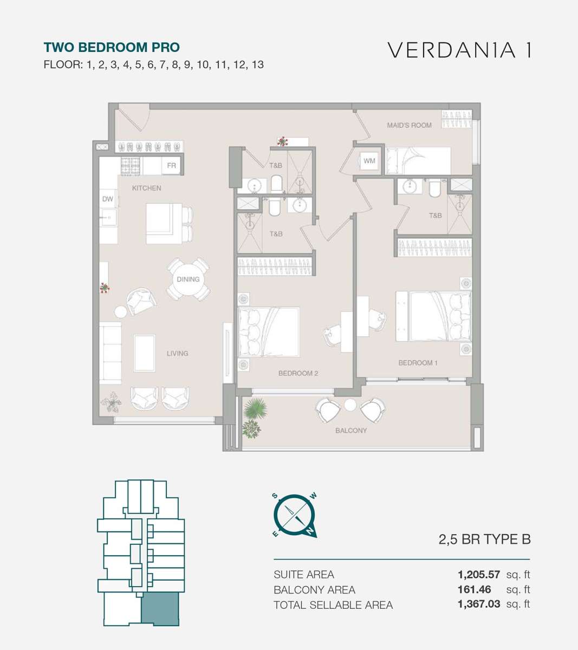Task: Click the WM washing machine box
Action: (x=369, y=161)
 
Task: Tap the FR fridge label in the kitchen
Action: (x=171, y=166)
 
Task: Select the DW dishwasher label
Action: (x=107, y=199)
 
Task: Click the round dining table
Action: (x=188, y=279)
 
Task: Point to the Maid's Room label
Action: (x=409, y=125)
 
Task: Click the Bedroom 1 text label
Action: (x=418, y=363)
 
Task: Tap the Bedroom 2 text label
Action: (x=298, y=373)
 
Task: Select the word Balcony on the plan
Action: (x=351, y=431)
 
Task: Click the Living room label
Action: (x=178, y=354)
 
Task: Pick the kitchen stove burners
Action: (x=131, y=166)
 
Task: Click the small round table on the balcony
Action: (x=350, y=405)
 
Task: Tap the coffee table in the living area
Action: (x=145, y=353)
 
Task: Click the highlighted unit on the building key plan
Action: (x=160, y=609)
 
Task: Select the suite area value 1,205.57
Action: (x=478, y=574)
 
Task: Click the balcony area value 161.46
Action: (x=475, y=589)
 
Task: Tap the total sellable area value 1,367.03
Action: (x=479, y=604)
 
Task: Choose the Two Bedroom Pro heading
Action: (x=112, y=47)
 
